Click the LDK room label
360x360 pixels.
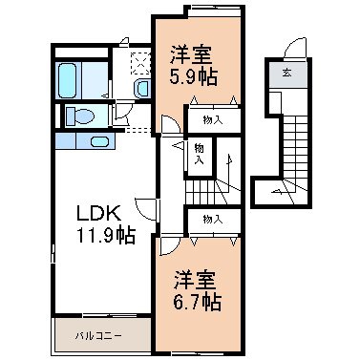pyautogui.click(x=98, y=213)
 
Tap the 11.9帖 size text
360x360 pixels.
pyautogui.click(x=105, y=235)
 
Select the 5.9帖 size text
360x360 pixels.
pyautogui.click(x=193, y=76)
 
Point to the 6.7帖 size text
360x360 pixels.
pyautogui.click(x=198, y=302)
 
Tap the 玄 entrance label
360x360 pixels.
pyautogui.click(x=286, y=73)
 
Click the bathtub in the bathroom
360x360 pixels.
pyautogui.click(x=68, y=80)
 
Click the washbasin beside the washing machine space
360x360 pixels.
pyautogui.click(x=141, y=89)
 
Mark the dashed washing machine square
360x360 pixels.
pyautogui.click(x=140, y=63)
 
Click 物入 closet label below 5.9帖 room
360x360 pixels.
pyautogui.click(x=212, y=120)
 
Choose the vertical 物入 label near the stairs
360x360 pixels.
pyautogui.click(x=200, y=154)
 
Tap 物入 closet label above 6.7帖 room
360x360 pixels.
pyautogui.click(x=212, y=220)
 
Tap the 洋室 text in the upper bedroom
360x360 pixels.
pyautogui.click(x=191, y=54)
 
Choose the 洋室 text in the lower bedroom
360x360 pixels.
pyautogui.click(x=195, y=280)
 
